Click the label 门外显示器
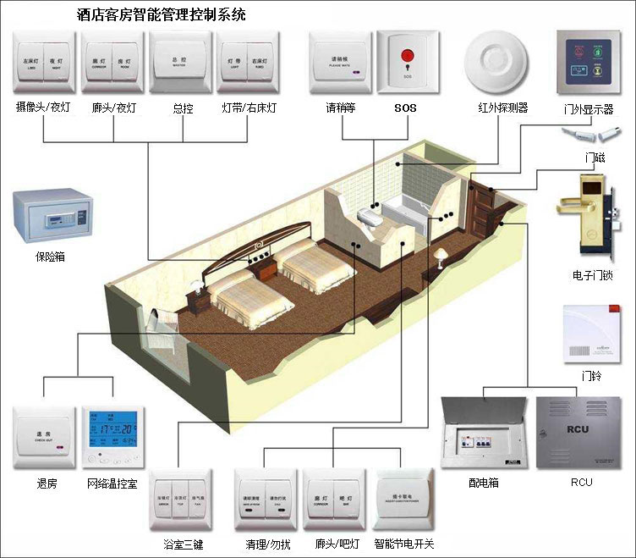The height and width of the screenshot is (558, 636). coord(588,109)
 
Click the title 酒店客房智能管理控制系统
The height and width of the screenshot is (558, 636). coord(162,15)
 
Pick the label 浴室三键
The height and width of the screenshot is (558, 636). coord(183,543)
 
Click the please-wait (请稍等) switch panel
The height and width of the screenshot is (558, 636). coord(340,62)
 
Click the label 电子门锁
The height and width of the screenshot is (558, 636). coord(592,275)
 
